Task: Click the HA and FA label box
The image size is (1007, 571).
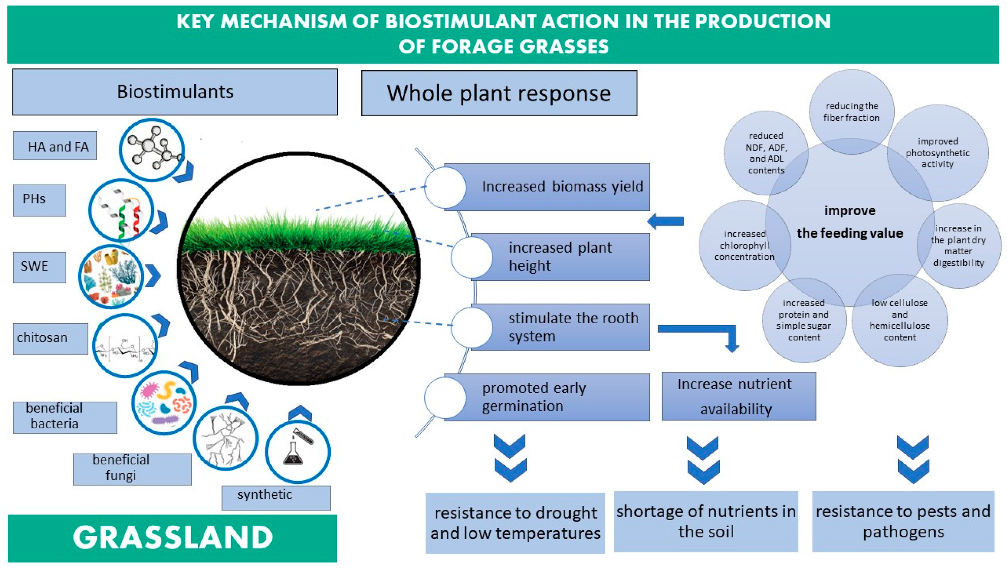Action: pos(55,146)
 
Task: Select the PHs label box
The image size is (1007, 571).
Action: pos(39,200)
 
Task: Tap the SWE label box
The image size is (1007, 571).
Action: pos(39,267)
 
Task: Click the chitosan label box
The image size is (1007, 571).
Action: pos(50,338)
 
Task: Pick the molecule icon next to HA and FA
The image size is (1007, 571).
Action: pos(152,150)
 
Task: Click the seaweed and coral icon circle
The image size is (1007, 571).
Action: pos(111,276)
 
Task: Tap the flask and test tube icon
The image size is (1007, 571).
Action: pos(297,451)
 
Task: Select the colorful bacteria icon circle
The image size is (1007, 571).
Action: pos(164,403)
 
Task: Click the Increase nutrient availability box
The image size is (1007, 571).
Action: pos(738,396)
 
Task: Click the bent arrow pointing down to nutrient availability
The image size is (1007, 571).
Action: pos(706,333)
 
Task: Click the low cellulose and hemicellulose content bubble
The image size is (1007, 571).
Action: pos(899,321)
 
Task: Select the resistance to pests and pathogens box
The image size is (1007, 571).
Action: pos(903,522)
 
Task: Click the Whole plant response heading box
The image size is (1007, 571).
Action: pos(499,93)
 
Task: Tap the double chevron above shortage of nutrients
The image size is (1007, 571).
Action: pos(703,460)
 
